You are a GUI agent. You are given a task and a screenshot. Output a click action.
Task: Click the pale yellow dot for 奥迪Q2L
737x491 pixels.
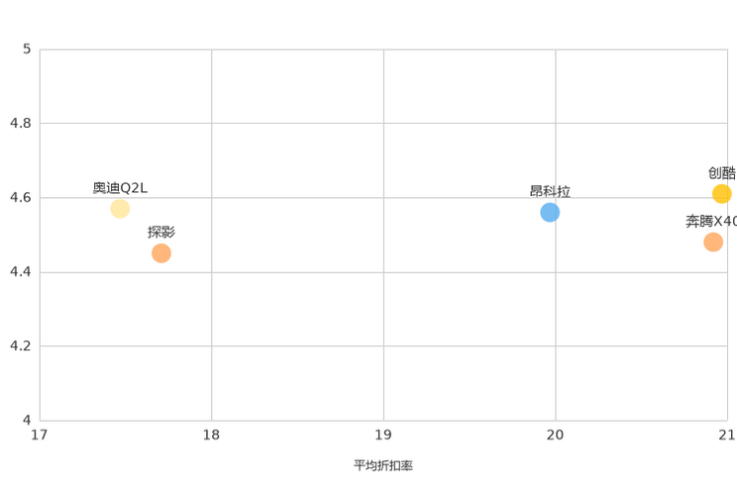[x=120, y=209]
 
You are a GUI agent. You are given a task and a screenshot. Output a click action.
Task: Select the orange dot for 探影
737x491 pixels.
[x=161, y=253]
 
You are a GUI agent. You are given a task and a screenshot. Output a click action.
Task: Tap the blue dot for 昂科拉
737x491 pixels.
[x=550, y=213]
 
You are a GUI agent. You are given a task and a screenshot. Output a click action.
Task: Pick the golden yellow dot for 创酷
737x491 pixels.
[x=722, y=194]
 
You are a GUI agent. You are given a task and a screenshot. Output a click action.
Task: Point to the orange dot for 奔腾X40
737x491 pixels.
[x=713, y=242]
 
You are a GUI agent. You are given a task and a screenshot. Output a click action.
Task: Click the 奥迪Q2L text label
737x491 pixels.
[x=120, y=188]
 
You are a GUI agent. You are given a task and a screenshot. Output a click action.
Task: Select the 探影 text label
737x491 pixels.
[x=161, y=232]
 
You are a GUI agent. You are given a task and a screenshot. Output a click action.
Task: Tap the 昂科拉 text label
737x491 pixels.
[x=550, y=191]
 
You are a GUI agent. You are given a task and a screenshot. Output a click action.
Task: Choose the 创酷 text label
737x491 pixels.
[x=722, y=173]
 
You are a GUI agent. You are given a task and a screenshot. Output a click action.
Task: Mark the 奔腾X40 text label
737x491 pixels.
[x=711, y=221]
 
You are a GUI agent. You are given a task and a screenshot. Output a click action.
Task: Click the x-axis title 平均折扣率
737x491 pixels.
[x=383, y=465]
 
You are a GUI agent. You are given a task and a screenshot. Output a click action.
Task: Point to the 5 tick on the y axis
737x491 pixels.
[x=27, y=49]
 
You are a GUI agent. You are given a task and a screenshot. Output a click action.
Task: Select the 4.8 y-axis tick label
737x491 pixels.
[x=21, y=123]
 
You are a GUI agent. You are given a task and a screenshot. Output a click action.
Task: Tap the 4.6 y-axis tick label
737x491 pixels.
[x=21, y=197]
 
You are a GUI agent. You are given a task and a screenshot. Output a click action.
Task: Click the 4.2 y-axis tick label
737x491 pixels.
[x=21, y=345]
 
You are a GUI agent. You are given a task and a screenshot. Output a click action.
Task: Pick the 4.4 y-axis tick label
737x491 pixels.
[x=21, y=271]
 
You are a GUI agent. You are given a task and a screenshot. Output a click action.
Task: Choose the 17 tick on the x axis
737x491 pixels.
[x=40, y=435]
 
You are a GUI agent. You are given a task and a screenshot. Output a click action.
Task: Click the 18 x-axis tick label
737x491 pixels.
[x=212, y=435]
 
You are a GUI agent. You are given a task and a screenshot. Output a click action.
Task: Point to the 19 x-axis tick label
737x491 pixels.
[x=383, y=435]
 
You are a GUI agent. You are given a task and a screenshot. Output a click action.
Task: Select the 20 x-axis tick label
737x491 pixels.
[x=555, y=435]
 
